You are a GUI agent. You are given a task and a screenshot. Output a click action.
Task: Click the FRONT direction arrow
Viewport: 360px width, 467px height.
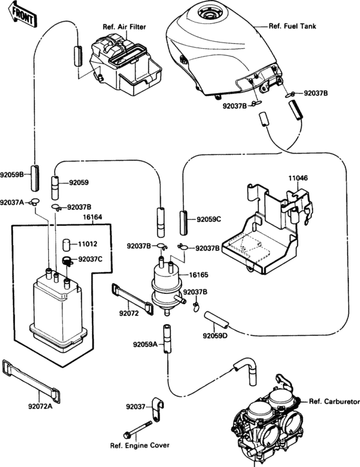22,15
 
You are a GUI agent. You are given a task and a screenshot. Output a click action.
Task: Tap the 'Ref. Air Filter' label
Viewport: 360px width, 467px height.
125,27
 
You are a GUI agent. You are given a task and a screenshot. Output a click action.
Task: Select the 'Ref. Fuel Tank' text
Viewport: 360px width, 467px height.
292,26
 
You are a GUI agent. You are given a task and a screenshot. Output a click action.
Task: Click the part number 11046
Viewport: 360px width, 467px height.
298,178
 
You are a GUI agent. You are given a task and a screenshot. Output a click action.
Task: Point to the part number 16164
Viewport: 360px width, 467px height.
93,217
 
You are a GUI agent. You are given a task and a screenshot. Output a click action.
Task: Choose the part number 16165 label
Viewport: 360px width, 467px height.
199,275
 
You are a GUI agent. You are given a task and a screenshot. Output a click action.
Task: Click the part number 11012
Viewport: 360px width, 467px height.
87,244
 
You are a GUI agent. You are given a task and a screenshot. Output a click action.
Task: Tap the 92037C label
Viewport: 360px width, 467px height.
90,259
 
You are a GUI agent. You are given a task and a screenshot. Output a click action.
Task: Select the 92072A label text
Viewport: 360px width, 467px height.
40,407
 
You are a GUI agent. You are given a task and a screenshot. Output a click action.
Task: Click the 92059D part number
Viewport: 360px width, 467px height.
215,336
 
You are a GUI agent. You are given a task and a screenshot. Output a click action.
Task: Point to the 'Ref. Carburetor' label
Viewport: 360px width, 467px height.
334,401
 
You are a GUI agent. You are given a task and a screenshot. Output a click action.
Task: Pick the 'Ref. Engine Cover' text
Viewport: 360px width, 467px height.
139,446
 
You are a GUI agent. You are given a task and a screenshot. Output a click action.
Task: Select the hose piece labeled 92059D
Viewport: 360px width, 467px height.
217,319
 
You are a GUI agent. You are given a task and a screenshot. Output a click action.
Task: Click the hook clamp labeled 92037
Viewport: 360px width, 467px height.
158,409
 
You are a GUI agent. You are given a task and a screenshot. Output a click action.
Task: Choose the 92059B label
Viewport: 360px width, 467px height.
12,174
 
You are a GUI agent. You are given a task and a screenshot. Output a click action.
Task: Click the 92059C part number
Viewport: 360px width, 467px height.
208,219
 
